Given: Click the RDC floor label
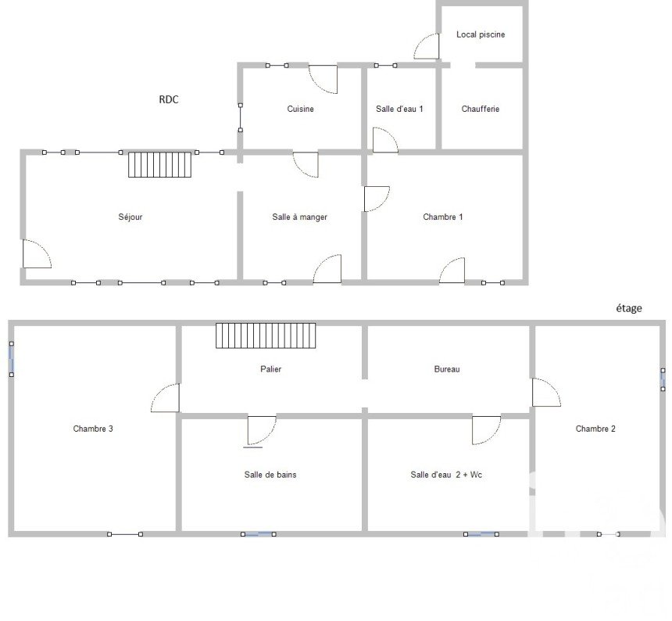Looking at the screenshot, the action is point(169,99).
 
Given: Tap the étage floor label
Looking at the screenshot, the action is point(629,308).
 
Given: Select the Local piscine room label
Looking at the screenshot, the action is point(481,34).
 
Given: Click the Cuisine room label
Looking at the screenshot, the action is point(300,109).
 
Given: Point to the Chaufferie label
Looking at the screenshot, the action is point(481,109).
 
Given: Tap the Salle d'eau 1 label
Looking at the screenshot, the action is point(399,109).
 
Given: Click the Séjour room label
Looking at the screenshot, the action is point(130,217).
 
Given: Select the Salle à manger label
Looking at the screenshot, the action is point(299,217).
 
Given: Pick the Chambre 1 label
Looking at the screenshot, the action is point(443,217).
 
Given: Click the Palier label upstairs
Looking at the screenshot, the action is point(271,369).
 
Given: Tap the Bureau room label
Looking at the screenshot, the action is point(447,369).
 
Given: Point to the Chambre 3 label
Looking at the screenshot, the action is point(93,429).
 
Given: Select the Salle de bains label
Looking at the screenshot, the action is point(270,475).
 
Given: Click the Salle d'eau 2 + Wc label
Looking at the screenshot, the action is point(446,475).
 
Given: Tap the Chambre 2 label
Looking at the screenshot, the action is point(595,429).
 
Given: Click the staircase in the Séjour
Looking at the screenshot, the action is point(160,164).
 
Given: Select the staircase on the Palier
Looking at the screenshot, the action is point(266,336).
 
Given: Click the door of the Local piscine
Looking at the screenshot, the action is point(427,46).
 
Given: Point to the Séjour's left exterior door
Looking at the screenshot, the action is point(37,254).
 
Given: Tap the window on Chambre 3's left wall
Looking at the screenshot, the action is point(12,359).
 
